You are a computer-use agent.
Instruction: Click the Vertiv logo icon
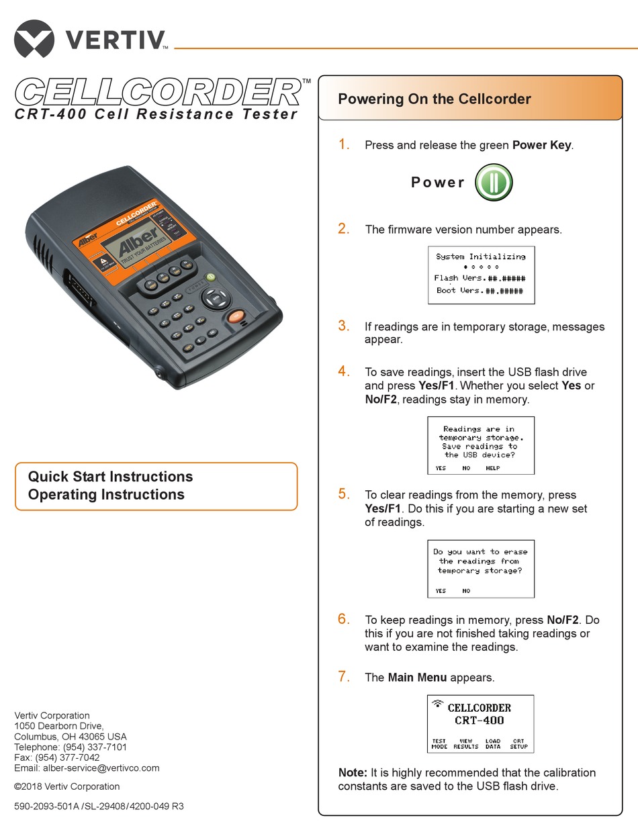click(x=34, y=38)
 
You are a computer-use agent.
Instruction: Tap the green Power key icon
click(x=494, y=183)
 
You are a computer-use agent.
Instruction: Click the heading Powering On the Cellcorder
click(x=434, y=99)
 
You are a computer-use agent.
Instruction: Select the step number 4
click(x=344, y=371)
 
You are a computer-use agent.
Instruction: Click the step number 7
click(x=344, y=677)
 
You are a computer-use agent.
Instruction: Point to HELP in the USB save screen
click(x=492, y=468)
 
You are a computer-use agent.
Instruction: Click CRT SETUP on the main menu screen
click(x=518, y=744)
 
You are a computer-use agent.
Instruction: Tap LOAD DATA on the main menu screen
click(x=493, y=744)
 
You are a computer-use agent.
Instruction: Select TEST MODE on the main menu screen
click(x=439, y=744)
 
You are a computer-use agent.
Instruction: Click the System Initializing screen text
click(x=480, y=257)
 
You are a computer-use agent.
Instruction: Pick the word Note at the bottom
click(x=352, y=773)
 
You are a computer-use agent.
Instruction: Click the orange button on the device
click(x=236, y=316)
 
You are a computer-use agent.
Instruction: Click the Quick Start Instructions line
click(x=110, y=477)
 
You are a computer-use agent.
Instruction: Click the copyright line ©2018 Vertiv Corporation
click(x=66, y=786)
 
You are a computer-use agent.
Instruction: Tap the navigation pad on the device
click(x=214, y=297)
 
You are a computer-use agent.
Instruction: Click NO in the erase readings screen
click(x=466, y=591)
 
